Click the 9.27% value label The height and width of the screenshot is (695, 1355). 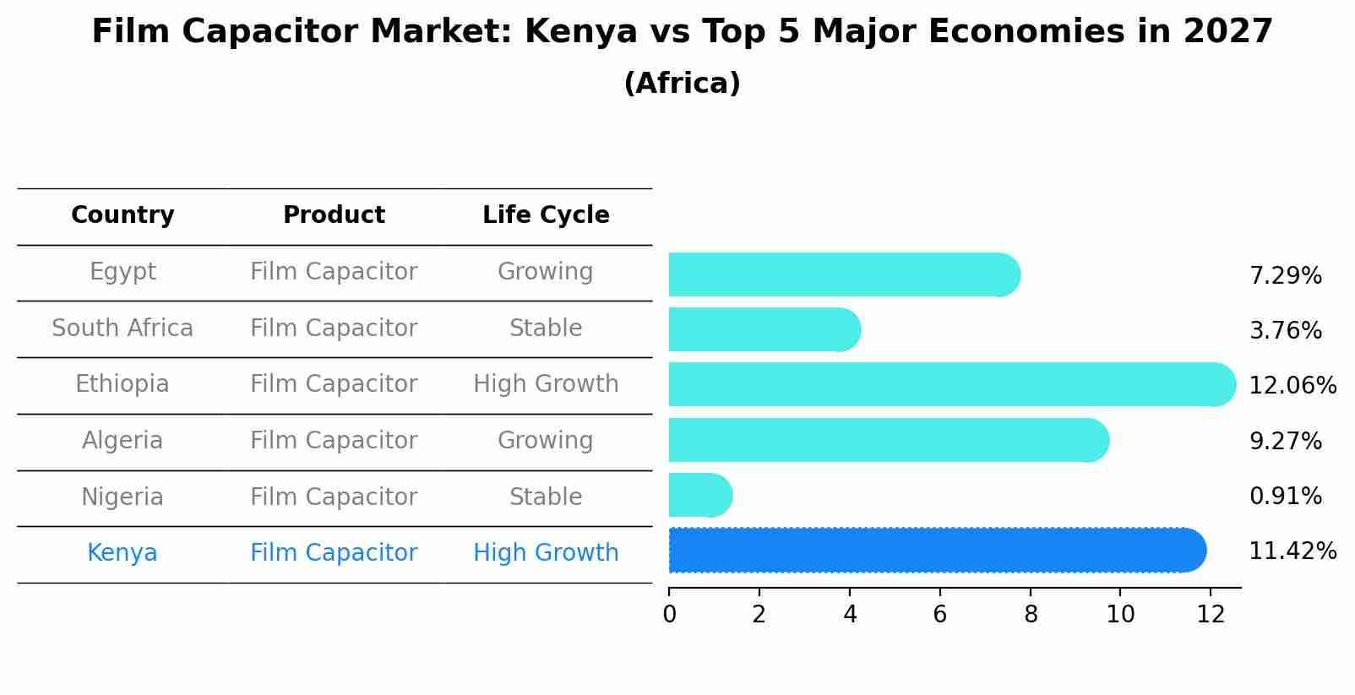pyautogui.click(x=1285, y=441)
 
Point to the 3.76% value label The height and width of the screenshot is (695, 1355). pyautogui.click(x=1285, y=330)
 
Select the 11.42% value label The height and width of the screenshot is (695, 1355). pyautogui.click(x=1292, y=551)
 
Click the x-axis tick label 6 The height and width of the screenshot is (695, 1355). pyautogui.click(x=939, y=615)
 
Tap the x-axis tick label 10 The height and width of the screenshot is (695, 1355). pyautogui.click(x=1120, y=615)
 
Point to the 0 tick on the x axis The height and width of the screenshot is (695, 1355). pyautogui.click(x=669, y=615)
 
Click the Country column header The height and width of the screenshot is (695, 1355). pyautogui.click(x=122, y=215)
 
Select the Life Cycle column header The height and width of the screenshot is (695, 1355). pyautogui.click(x=546, y=215)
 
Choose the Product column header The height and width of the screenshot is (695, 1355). pyautogui.click(x=334, y=215)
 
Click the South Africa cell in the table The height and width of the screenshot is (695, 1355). pyautogui.click(x=122, y=328)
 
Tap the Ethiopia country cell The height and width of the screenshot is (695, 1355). pyautogui.click(x=122, y=384)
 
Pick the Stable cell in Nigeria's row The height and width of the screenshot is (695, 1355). pyautogui.click(x=546, y=497)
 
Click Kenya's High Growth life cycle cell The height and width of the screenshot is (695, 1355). pyautogui.click(x=546, y=553)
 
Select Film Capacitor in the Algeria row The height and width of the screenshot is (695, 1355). pyautogui.click(x=334, y=440)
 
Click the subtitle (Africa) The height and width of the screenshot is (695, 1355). pyautogui.click(x=682, y=84)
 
